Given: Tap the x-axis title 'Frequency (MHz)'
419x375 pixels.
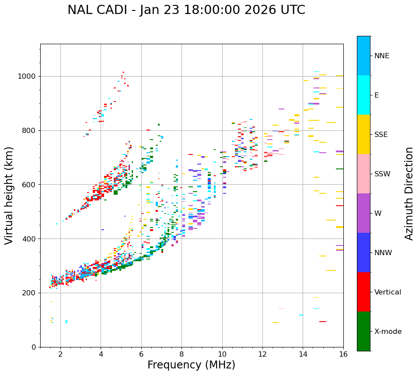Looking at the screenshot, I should pyautogui.click(x=191, y=365).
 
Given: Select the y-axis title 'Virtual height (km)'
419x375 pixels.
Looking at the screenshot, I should pyautogui.click(x=9, y=196).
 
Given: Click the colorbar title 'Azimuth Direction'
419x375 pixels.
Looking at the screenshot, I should pyautogui.click(x=409, y=193).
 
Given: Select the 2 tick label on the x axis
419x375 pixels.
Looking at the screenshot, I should pyautogui.click(x=60, y=354).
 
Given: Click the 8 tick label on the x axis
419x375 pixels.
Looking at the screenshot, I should pyautogui.click(x=182, y=354).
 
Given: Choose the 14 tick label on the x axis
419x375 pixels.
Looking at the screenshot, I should pyautogui.click(x=303, y=354).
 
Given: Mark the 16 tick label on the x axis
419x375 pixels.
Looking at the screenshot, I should pyautogui.click(x=343, y=354).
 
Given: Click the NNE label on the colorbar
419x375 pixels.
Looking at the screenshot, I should pyautogui.click(x=382, y=56).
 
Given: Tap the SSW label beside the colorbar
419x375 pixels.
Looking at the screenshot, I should pyautogui.click(x=382, y=174).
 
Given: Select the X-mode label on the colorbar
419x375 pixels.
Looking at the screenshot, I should pyautogui.click(x=388, y=332).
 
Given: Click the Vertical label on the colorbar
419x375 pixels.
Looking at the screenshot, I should pyautogui.click(x=388, y=292).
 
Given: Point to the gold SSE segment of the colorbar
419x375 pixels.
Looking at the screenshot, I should pyautogui.click(x=363, y=134).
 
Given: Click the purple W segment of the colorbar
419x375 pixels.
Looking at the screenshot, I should pyautogui.click(x=363, y=213).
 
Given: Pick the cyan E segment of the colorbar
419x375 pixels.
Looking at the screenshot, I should pyautogui.click(x=363, y=95).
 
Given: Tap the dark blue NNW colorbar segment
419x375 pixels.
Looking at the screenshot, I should pyautogui.click(x=363, y=252).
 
